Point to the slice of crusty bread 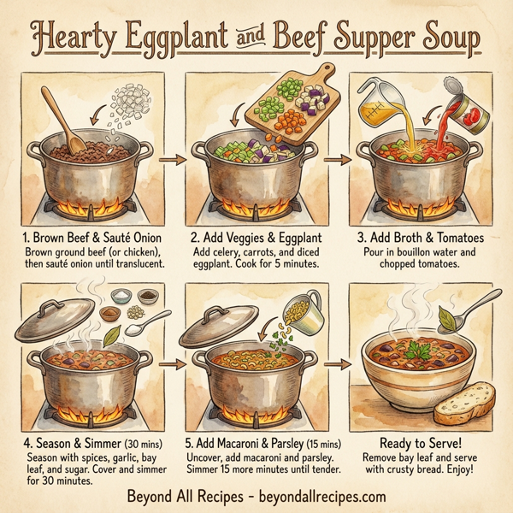click(x=465, y=401)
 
